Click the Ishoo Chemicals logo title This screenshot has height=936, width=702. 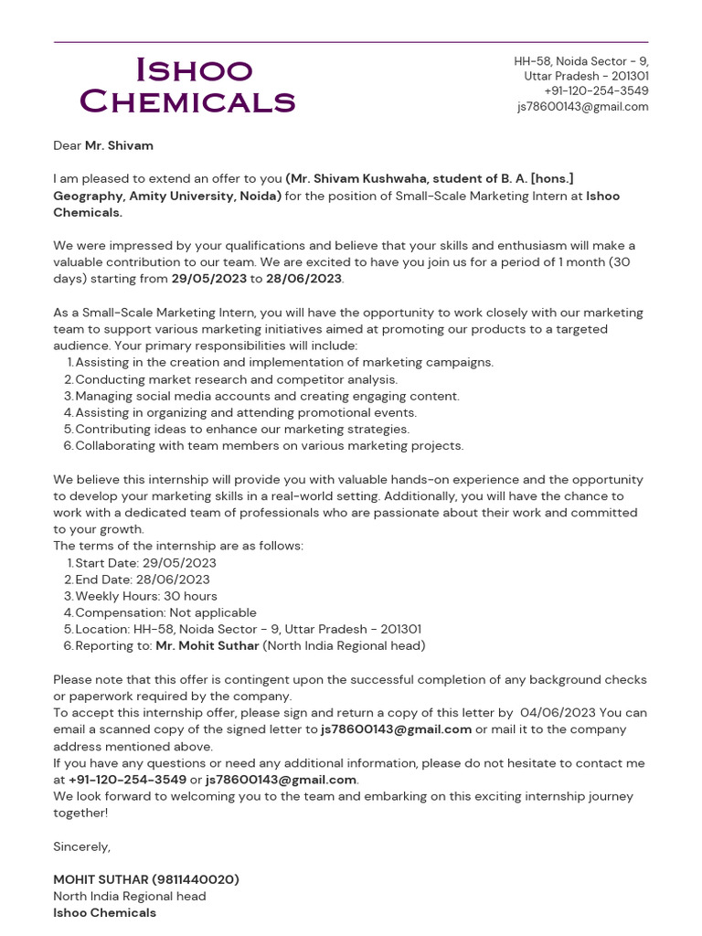tap(187, 85)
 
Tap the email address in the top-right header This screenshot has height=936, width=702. tap(582, 106)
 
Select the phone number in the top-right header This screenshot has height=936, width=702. tap(596, 90)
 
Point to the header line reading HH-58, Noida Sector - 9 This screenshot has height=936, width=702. tap(580, 61)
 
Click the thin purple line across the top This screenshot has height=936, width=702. tap(351, 42)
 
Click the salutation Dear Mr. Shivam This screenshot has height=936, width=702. tap(103, 145)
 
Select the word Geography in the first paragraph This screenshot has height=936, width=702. tap(88, 196)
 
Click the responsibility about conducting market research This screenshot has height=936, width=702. tap(236, 379)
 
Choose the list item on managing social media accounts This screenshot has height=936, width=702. tap(267, 396)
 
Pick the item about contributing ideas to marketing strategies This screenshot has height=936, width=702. tap(241, 429)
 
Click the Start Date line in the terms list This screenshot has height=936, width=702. tap(145, 563)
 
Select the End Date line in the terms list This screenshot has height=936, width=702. tap(142, 580)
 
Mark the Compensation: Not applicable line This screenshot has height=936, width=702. tap(165, 612)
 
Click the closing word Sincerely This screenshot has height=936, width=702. tap(81, 846)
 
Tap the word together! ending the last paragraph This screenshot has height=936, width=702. tap(80, 813)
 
